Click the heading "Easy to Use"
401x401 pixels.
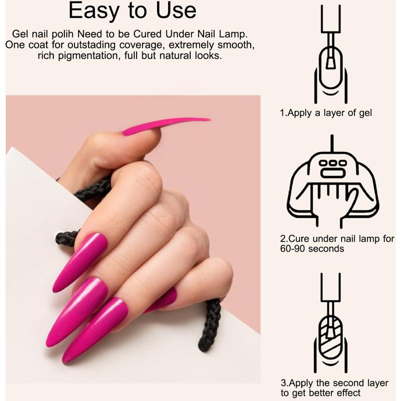pyautogui.click(x=132, y=11)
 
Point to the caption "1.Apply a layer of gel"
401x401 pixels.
pyautogui.click(x=326, y=113)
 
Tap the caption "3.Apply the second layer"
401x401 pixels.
pyautogui.click(x=334, y=383)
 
